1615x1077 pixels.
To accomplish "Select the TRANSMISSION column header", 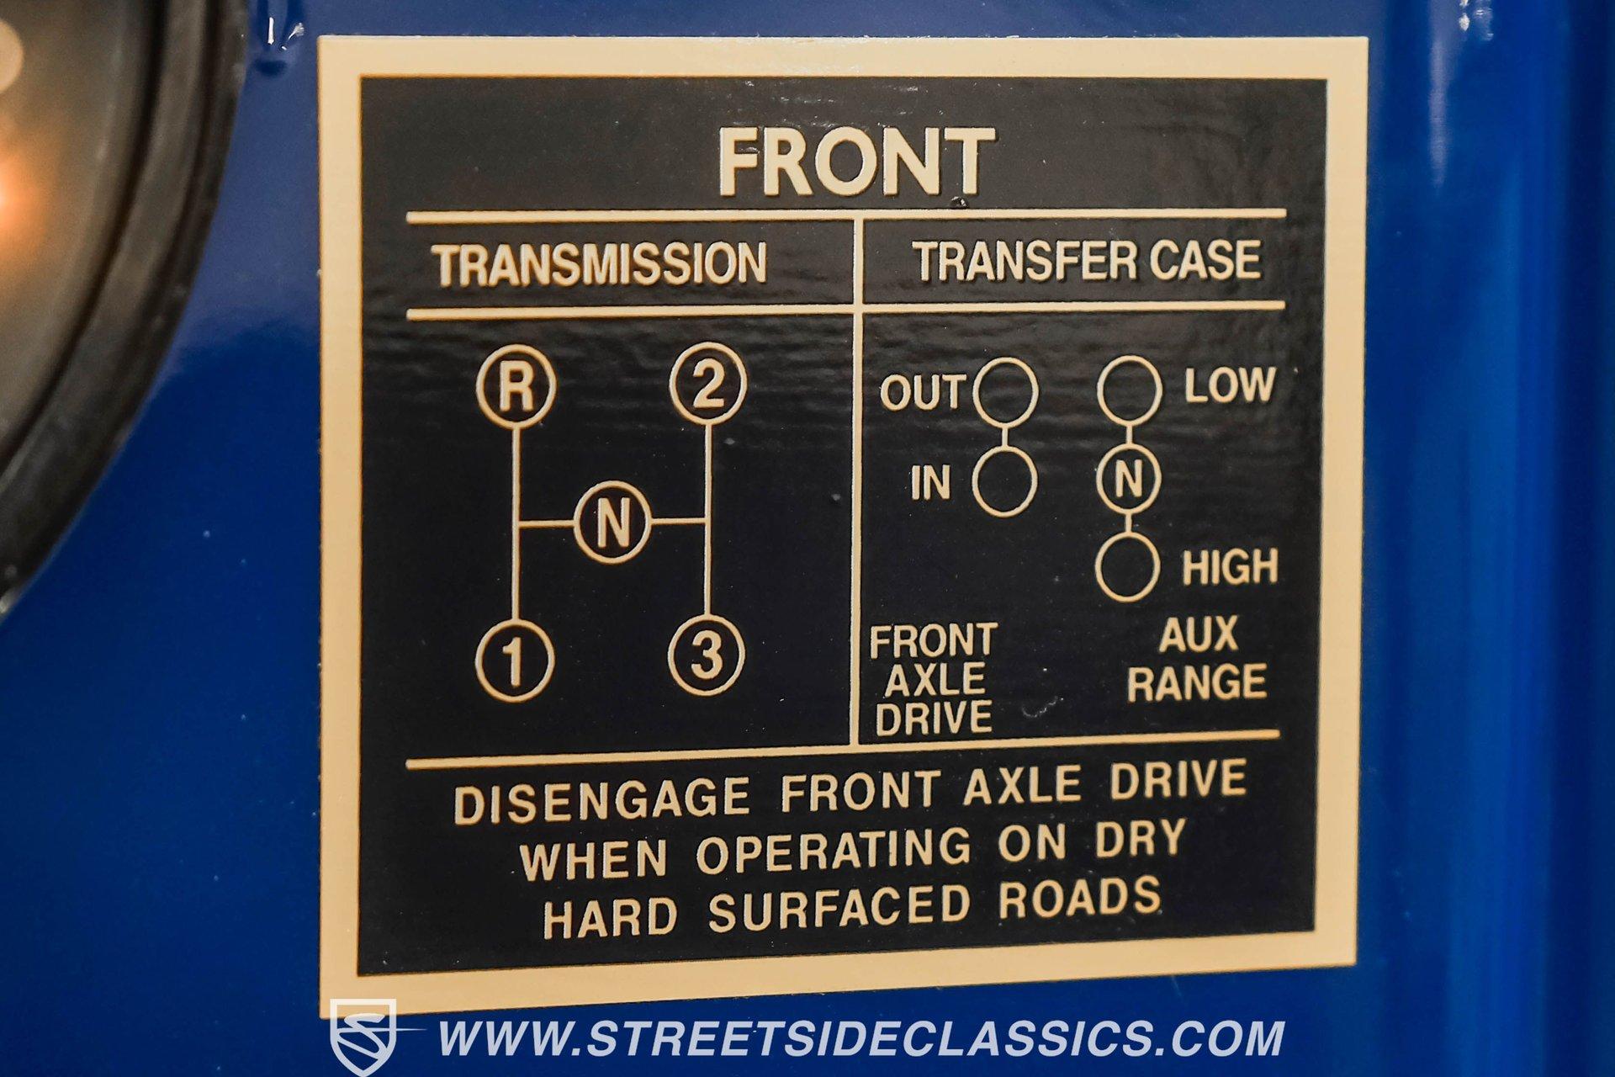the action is click(x=601, y=263).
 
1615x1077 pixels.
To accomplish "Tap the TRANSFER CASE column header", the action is click(x=1087, y=260).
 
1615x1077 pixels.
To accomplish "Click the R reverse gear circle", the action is click(x=516, y=387).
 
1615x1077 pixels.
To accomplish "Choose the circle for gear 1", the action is click(x=515, y=661).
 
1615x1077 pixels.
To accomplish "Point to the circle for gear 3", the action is click(x=707, y=655).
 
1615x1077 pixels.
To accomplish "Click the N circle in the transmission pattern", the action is click(x=612, y=524).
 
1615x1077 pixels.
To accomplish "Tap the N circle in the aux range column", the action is click(x=1129, y=480).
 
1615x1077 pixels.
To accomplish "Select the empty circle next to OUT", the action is click(x=1006, y=391).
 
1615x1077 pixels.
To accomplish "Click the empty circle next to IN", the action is click(x=1005, y=482).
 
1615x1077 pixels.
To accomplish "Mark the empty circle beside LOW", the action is click(x=1130, y=389).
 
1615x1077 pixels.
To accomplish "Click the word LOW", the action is click(x=1230, y=385).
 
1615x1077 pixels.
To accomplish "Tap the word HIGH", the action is click(x=1230, y=568).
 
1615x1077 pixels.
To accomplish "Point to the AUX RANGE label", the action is click(x=1197, y=659).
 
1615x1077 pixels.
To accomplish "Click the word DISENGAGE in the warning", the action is click(x=601, y=800).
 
